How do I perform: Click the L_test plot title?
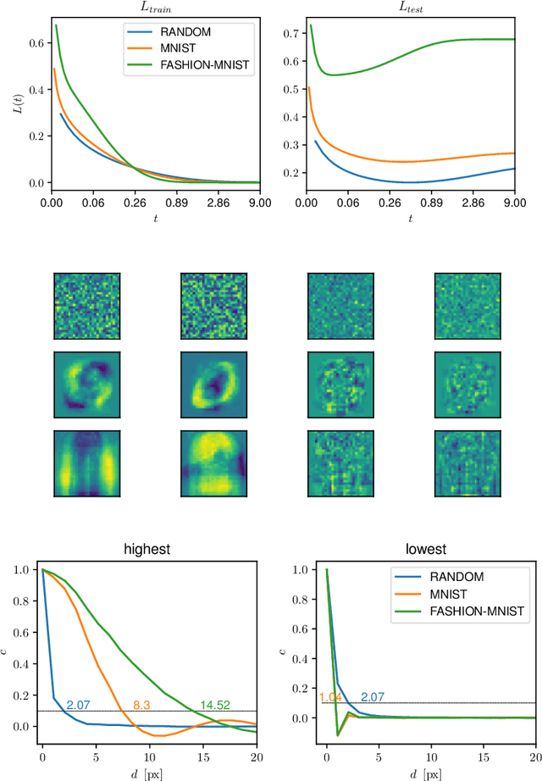[411, 7]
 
